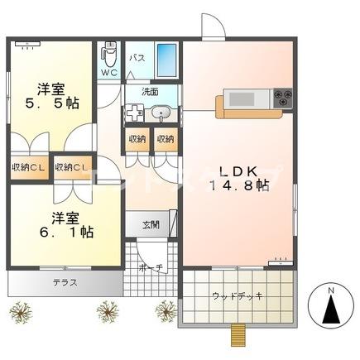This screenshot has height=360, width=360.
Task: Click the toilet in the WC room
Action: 108,54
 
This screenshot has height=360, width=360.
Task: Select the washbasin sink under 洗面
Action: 161,114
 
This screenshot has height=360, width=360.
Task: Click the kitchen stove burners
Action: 281,98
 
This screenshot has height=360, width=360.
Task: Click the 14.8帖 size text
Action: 239,187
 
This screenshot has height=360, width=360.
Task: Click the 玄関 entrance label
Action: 150,224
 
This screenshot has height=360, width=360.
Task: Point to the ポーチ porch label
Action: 151,268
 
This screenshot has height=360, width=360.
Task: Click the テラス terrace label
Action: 65,281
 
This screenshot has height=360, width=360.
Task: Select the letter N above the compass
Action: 329,290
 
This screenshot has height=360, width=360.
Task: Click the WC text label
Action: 108,73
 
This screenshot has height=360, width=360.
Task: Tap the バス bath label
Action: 137,58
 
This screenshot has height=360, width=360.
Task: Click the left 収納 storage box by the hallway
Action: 136,139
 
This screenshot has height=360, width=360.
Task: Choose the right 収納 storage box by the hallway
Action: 165,139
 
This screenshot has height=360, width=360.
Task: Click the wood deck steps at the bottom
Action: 238,335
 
